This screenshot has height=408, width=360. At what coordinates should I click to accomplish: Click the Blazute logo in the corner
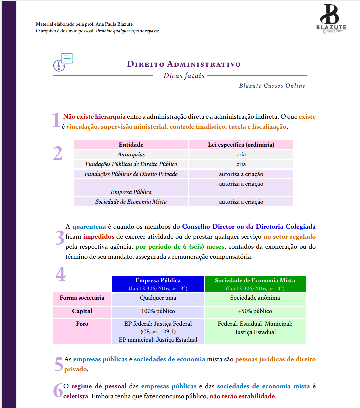[x=331, y=19]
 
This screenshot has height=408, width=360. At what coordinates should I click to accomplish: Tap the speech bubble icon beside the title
[x=63, y=62]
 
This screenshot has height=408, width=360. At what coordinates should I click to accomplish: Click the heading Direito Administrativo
[x=184, y=64]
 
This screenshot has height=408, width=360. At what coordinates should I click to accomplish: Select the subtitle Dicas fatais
[x=184, y=76]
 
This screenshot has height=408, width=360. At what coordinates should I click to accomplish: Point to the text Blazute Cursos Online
[x=272, y=86]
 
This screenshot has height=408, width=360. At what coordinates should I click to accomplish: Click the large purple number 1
[x=57, y=120]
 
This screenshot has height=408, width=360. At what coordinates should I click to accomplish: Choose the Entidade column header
[x=131, y=145]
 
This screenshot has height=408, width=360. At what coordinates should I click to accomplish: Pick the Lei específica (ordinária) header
[x=241, y=145]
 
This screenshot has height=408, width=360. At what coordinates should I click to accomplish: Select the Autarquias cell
[x=131, y=154]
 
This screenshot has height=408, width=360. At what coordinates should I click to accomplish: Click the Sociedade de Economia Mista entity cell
[x=131, y=202]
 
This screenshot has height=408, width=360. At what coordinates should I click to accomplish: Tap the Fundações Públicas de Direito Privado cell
[x=131, y=174]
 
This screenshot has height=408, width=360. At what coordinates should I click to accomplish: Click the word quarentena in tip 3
[x=89, y=227]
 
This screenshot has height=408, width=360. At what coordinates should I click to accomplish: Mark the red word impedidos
[x=99, y=237]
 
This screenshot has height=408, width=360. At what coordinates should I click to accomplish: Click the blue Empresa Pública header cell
[x=158, y=284]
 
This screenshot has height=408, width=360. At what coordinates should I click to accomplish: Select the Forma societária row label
[x=82, y=298]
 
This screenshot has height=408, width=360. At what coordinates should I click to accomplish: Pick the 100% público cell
[x=158, y=311]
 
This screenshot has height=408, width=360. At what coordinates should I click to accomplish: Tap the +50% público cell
[x=255, y=311]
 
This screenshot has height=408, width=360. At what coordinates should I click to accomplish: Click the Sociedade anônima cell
[x=255, y=298]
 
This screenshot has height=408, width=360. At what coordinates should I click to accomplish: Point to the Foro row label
[x=82, y=324]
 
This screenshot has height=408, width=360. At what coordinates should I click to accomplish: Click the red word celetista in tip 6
[x=76, y=396]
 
